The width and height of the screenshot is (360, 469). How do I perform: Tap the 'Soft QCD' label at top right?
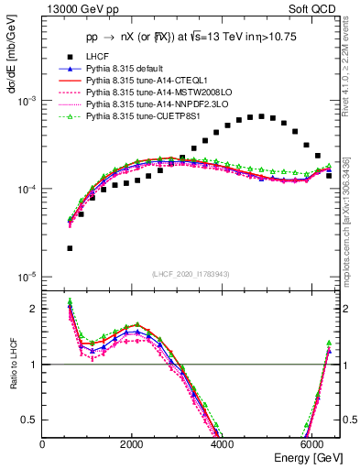point(311,10)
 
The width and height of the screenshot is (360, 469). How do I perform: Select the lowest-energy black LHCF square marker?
point(70,248)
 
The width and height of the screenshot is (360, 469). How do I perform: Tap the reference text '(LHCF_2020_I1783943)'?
point(189,275)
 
